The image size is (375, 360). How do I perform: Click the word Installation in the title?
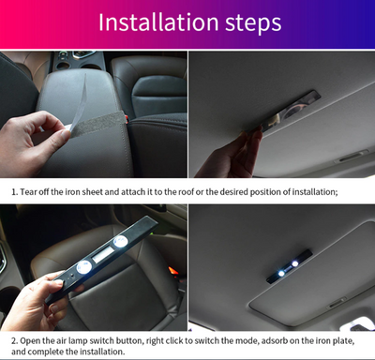(x=156, y=22)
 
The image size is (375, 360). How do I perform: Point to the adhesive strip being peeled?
(x=97, y=121)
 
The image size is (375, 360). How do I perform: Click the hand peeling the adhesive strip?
(x=34, y=141)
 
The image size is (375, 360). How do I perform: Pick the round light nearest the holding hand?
(x=83, y=267)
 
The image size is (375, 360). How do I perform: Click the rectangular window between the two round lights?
(x=102, y=256)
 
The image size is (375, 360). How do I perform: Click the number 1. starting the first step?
(x=14, y=191)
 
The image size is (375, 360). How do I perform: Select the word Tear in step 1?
(x=30, y=191)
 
